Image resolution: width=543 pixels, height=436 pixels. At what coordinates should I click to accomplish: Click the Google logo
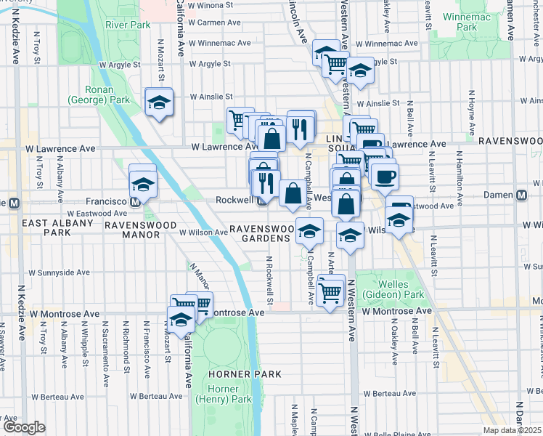coord(25,427)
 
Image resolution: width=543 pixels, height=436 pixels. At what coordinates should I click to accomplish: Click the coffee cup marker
coord(384,175)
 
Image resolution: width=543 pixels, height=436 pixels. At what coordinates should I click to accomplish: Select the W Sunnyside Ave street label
coord(59,273)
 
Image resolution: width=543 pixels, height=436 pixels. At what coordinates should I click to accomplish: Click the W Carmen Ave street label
coord(215,23)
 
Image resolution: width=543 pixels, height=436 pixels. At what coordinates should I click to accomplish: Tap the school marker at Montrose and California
coord(181,318)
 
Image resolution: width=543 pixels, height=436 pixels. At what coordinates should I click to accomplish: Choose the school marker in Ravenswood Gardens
coord(309,232)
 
